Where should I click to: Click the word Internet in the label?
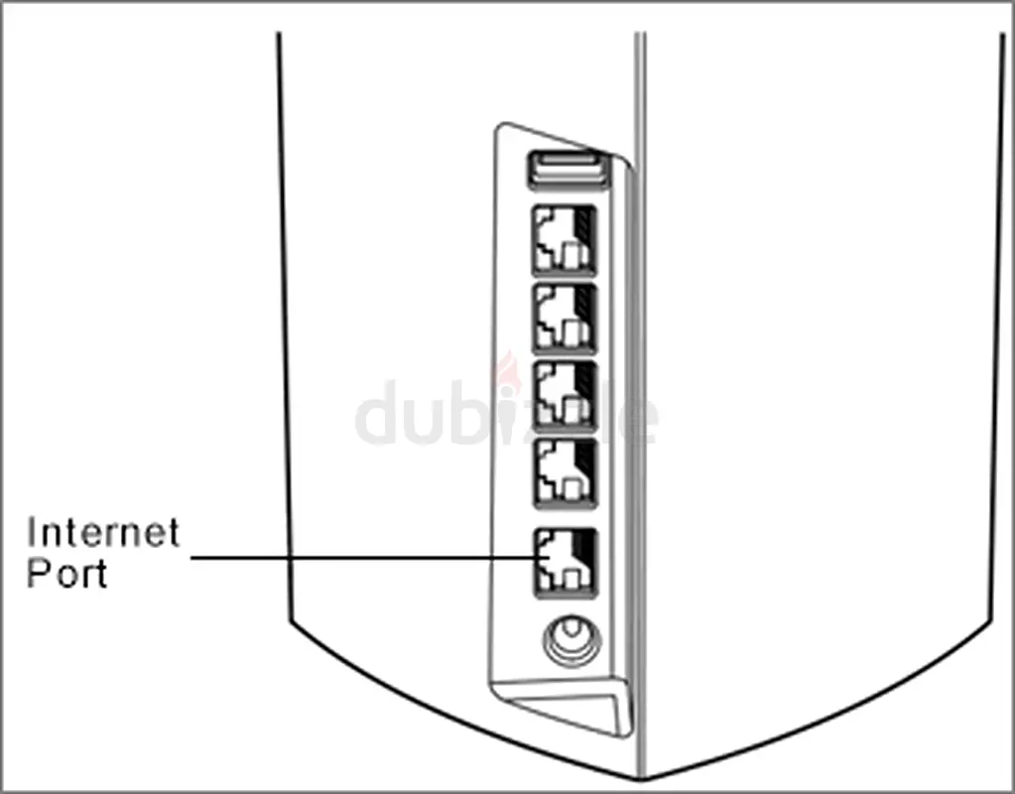[103, 532]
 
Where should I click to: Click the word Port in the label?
[66, 573]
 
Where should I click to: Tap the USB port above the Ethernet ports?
[569, 169]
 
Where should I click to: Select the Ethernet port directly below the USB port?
[565, 239]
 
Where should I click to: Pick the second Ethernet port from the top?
[565, 318]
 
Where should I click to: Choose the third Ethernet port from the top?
[565, 396]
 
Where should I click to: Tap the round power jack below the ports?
[571, 640]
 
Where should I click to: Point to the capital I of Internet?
[31, 532]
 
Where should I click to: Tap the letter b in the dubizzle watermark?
[465, 413]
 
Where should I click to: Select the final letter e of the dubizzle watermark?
[639, 421]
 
